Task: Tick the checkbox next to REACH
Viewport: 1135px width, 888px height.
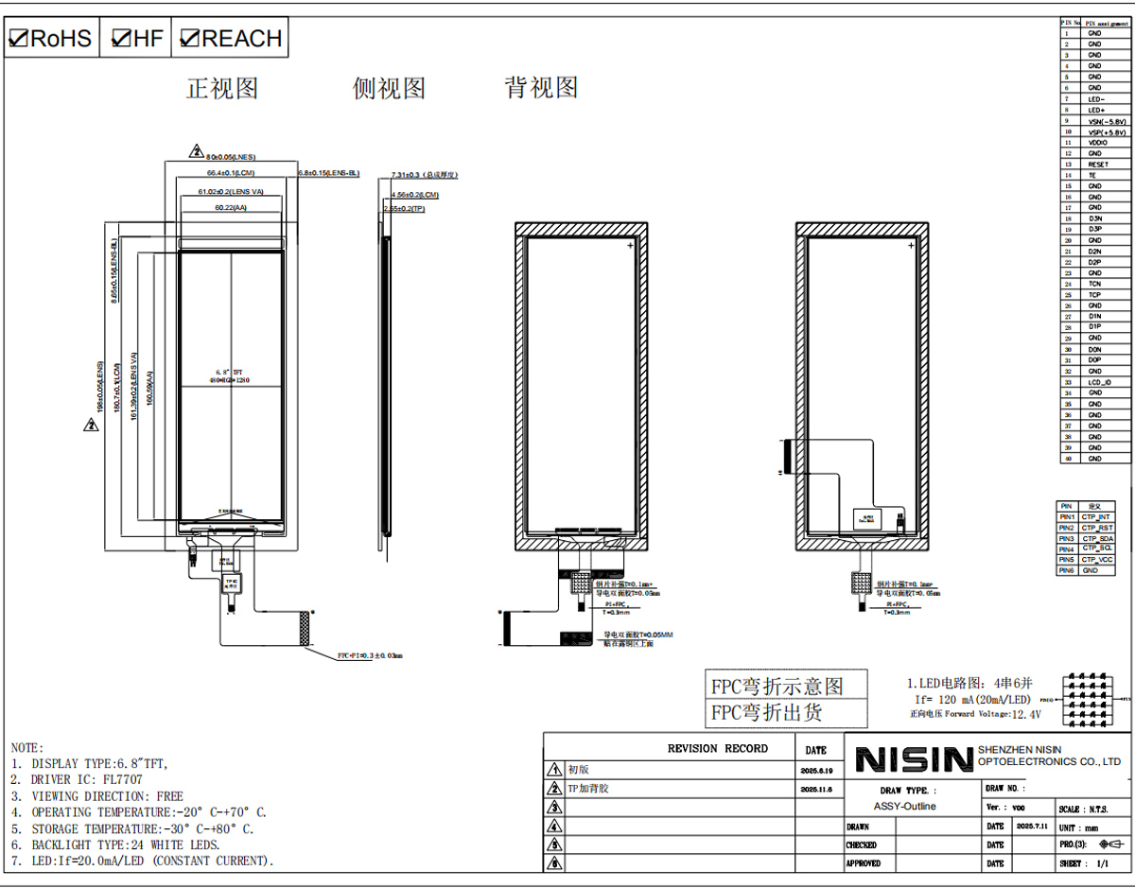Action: (189, 39)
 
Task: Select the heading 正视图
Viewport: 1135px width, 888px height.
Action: (222, 89)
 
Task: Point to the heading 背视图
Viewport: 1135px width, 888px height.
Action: (541, 88)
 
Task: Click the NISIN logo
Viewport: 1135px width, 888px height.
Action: (914, 759)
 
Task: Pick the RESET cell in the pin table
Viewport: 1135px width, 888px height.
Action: (1097, 165)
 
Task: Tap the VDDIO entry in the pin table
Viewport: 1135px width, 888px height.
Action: (1097, 143)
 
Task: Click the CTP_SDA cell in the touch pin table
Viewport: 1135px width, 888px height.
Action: (1097, 538)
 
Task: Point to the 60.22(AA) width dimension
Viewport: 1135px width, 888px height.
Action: (230, 207)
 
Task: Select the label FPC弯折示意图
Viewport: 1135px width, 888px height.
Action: (777, 685)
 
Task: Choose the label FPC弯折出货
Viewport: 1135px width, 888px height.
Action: (766, 712)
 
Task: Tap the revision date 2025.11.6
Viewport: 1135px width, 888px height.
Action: (815, 789)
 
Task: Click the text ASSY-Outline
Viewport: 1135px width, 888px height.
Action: (904, 807)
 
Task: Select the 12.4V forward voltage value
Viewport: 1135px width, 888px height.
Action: (1025, 715)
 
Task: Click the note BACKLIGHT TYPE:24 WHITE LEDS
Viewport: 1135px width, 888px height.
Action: (126, 844)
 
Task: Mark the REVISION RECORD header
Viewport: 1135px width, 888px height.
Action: (717, 748)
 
